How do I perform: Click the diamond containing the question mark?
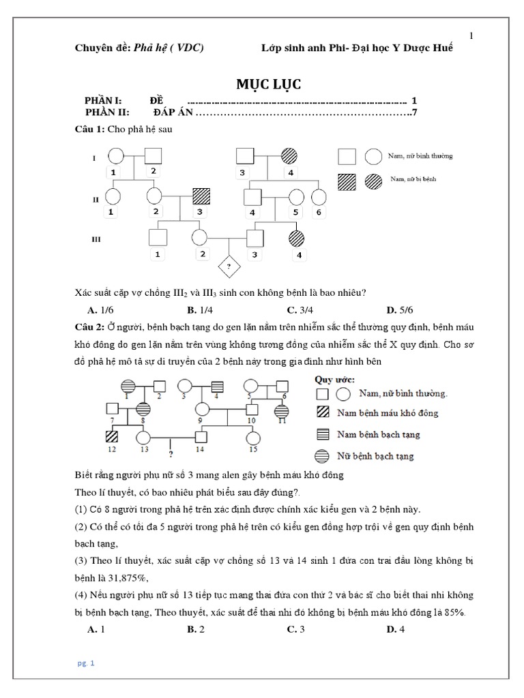[227, 266]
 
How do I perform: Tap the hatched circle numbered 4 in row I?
[290, 156]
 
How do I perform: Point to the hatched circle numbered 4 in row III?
[297, 238]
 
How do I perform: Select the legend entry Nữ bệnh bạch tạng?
[377, 455]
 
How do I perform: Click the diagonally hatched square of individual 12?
[111, 436]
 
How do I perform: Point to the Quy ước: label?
[334, 378]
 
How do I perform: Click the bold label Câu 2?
[89, 328]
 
